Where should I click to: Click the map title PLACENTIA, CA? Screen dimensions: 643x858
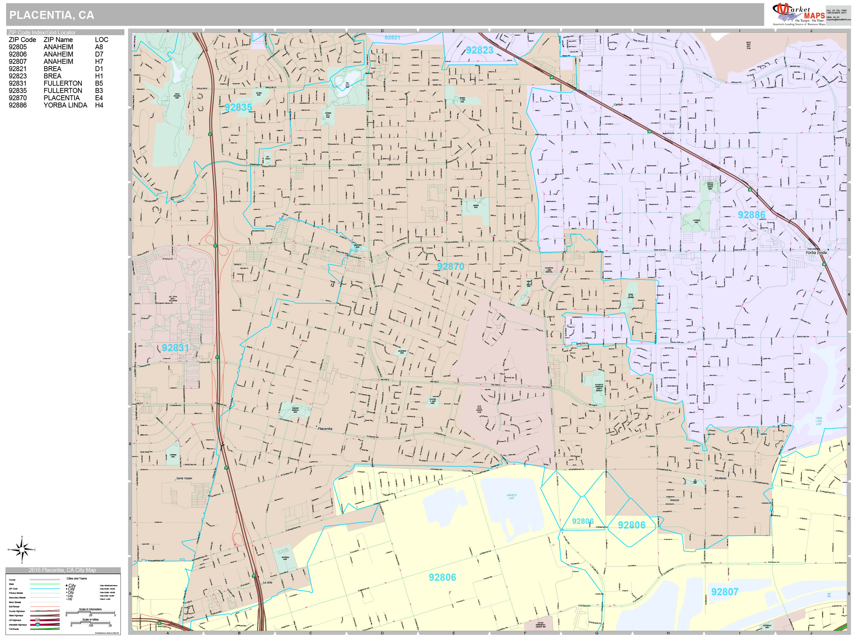tap(52, 15)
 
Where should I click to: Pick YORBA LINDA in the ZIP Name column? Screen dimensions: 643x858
tap(65, 106)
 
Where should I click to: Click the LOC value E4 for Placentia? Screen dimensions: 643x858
tap(99, 98)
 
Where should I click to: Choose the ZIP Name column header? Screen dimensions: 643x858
tap(58, 40)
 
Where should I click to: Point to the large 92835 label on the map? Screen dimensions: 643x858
tap(238, 107)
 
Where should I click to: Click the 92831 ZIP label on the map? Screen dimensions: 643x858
tap(175, 348)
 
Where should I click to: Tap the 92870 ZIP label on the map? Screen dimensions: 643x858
tap(450, 267)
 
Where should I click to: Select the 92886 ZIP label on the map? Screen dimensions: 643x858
tap(751, 215)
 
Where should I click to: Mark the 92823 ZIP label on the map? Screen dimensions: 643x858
tap(479, 50)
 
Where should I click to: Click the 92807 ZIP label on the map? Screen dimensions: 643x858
tap(725, 592)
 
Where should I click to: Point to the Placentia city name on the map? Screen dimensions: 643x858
tap(325, 429)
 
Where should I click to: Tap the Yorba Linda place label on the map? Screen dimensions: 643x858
tap(816, 253)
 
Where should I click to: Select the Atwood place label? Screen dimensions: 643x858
tap(675, 500)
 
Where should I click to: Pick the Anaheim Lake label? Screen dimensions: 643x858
tap(511, 496)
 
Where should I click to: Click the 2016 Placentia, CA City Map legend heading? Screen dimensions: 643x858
tap(63, 570)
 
